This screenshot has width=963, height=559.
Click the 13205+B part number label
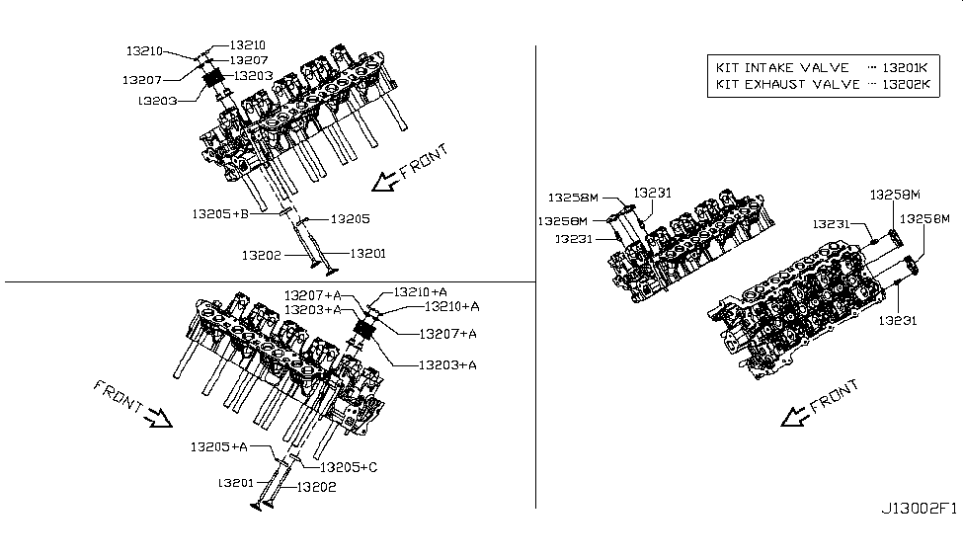tap(218, 212)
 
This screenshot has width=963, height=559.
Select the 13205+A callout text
tap(218, 446)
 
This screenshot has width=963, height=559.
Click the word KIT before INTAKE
tap(730, 68)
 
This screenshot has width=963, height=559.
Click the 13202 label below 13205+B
tap(261, 255)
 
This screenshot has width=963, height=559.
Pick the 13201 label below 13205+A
tap(238, 483)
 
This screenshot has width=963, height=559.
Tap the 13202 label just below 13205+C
tap(317, 486)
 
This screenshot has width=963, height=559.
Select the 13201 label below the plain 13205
tap(366, 254)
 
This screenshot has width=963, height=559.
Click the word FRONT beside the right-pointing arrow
tap(120, 396)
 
